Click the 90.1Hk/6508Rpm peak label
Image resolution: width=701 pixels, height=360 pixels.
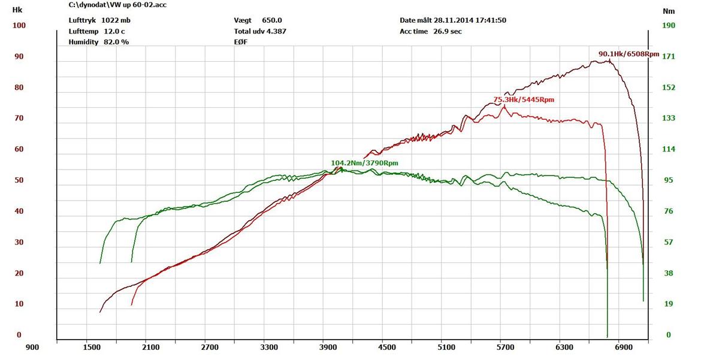(x=629, y=54)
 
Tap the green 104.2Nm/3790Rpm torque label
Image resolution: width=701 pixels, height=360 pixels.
(x=364, y=163)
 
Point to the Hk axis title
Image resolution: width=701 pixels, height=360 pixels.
(x=17, y=10)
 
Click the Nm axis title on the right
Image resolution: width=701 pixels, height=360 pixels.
(x=669, y=11)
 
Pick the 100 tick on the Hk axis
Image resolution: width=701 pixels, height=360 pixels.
(x=19, y=25)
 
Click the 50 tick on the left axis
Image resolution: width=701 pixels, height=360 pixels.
(x=19, y=180)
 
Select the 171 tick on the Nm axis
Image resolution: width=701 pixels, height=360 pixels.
(x=669, y=56)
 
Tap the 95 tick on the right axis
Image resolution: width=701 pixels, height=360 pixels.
(x=668, y=180)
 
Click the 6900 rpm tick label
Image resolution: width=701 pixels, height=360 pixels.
(x=624, y=347)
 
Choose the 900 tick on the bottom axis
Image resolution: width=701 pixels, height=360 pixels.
(x=32, y=347)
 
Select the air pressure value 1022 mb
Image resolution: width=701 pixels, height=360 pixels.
(x=116, y=20)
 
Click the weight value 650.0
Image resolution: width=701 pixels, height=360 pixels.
(x=271, y=20)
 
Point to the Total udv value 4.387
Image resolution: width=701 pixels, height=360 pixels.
(x=276, y=31)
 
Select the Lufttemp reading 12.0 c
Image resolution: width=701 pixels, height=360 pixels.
(x=114, y=31)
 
